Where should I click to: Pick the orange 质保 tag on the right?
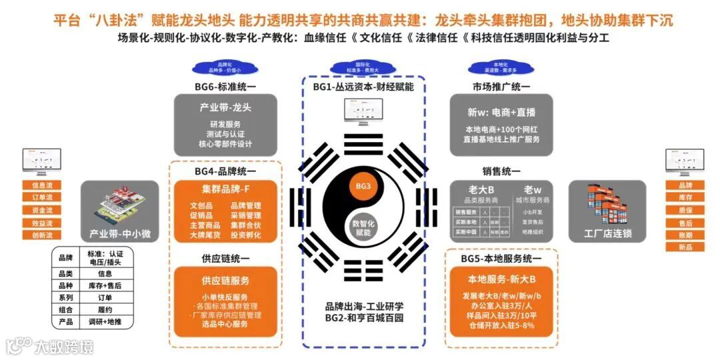685,210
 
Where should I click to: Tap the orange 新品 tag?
685,247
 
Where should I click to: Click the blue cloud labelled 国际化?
363,67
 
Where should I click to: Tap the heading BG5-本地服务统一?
501,259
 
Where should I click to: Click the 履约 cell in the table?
105,309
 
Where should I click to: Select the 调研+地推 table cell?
105,321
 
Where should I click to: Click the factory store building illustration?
607,203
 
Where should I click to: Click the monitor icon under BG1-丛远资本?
363,108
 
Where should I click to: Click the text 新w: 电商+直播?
501,112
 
